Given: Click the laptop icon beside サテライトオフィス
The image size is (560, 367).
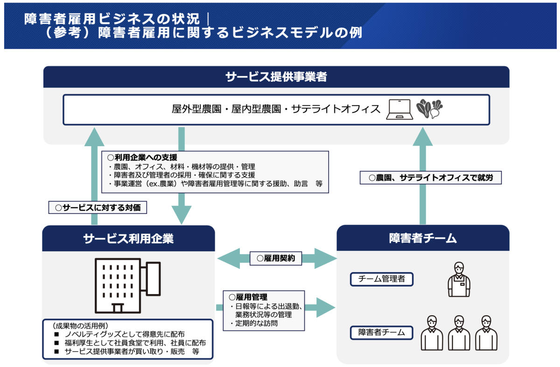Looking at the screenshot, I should coord(399,110).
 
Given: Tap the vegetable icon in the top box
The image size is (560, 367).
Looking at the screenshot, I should coord(429,109).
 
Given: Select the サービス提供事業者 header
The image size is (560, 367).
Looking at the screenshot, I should coord(276,77).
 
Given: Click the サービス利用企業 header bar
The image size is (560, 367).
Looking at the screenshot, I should coord(128,239).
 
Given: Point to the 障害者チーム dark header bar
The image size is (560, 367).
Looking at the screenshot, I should coord(423,239).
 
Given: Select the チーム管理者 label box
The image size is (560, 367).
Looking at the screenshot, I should coord(382,280).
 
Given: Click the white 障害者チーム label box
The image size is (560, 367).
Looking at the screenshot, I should coord(382,333).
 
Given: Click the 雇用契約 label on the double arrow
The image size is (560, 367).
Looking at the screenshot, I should coord(276,258).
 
